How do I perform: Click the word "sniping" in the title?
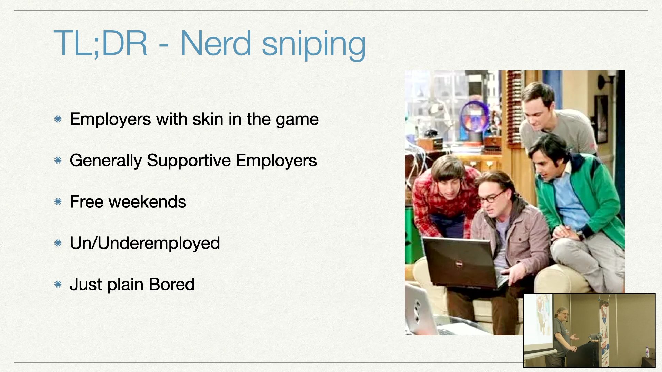coord(314,45)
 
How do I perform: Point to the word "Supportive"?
coord(189,161)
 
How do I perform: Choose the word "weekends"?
coord(148,202)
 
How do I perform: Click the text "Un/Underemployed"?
coord(145,243)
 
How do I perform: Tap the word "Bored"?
coord(172,285)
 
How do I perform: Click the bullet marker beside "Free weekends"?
coord(58,202)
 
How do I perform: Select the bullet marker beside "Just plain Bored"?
coord(58,285)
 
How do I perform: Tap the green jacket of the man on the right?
coord(586,193)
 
